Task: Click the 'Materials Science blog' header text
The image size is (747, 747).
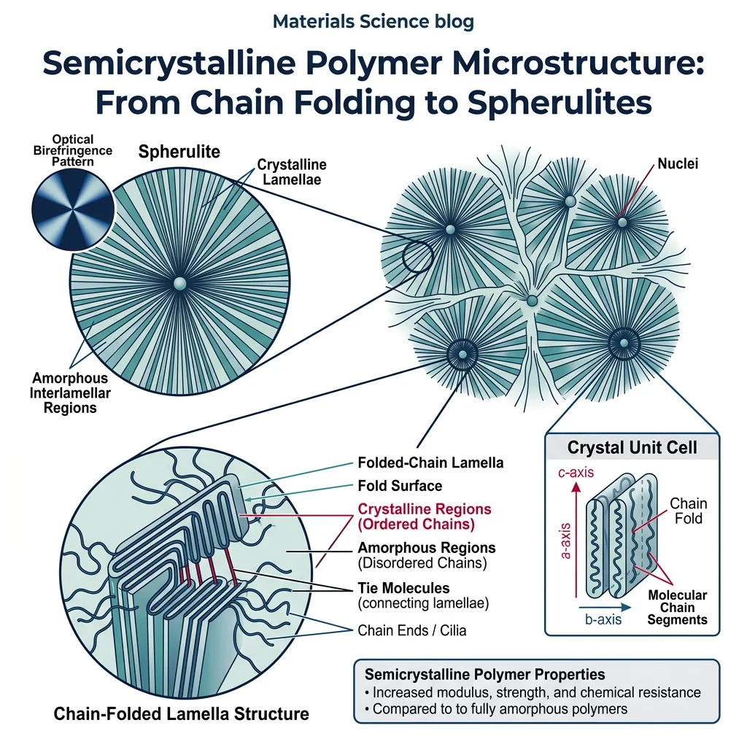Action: [x=373, y=21]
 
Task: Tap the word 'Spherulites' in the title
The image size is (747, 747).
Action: [x=560, y=102]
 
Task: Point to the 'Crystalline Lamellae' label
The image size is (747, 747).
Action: [x=292, y=172]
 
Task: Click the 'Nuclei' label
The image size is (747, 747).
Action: [x=678, y=163]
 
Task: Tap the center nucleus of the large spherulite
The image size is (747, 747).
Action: [x=179, y=282]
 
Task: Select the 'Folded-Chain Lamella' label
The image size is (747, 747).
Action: [x=430, y=462]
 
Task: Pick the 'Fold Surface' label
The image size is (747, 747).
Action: [x=400, y=485]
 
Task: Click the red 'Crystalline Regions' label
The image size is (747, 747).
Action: [x=425, y=516]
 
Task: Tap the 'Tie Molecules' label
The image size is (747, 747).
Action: [x=403, y=587]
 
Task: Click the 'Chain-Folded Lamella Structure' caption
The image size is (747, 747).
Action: [x=182, y=713]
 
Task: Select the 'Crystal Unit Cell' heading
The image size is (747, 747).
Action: [x=632, y=448]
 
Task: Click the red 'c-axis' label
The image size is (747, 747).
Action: [x=574, y=473]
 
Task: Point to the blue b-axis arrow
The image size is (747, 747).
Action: [x=605, y=605]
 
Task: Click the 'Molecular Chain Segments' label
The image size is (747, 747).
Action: [x=678, y=608]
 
